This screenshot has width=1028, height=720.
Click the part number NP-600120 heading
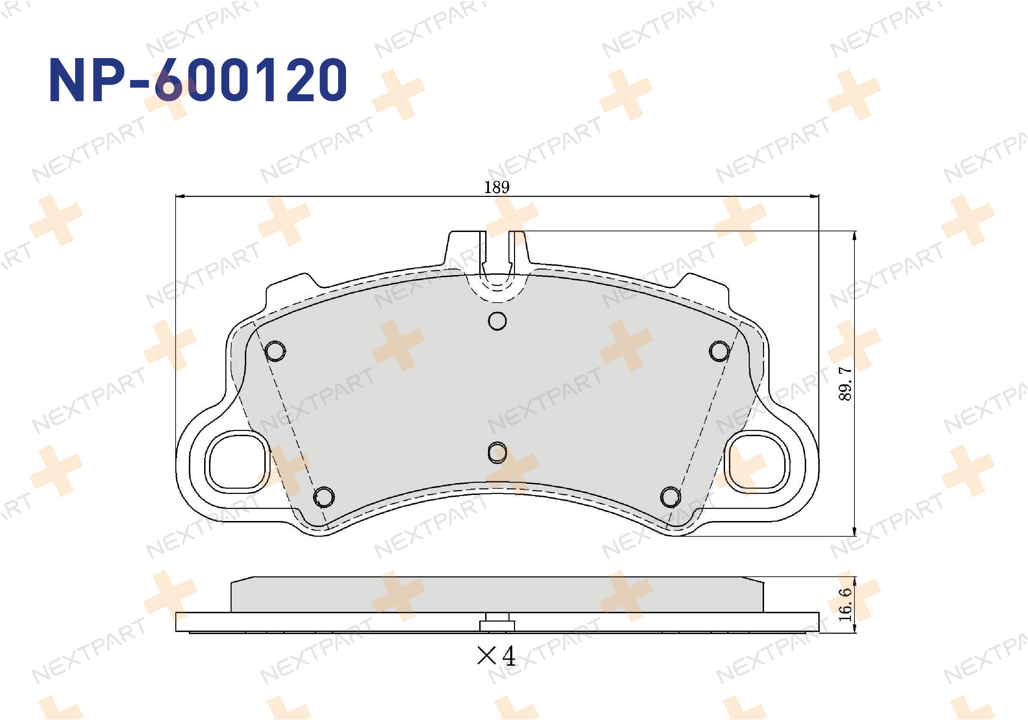click(198, 80)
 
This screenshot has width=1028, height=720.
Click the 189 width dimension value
click(497, 187)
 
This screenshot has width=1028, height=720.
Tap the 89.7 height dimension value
click(845, 383)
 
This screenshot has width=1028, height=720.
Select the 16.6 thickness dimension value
click(845, 605)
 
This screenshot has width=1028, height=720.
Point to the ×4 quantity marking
click(497, 656)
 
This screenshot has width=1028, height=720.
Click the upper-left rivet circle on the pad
click(275, 351)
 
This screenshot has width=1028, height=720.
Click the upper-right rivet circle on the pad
click(719, 351)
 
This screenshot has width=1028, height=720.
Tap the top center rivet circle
click(497, 321)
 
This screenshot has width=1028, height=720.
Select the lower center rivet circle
click(497, 453)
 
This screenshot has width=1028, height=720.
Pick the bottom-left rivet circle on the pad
click(324, 497)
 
